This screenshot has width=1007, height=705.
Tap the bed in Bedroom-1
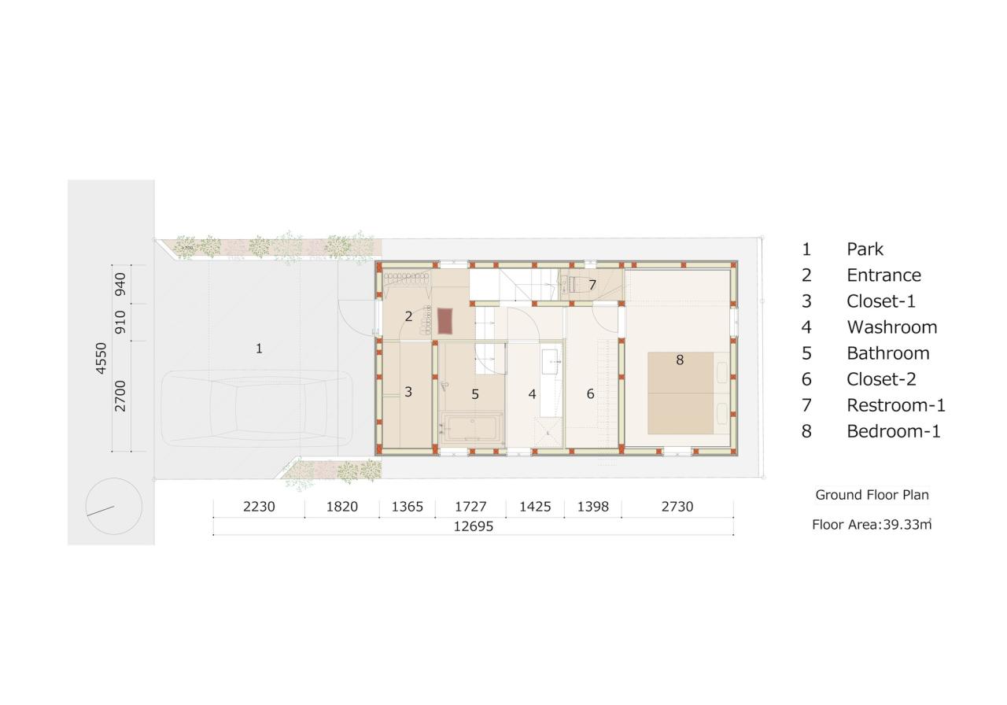[681, 393]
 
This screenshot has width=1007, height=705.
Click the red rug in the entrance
[445, 320]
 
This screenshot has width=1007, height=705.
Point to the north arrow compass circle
[113, 506]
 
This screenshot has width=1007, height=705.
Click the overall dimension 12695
[473, 526]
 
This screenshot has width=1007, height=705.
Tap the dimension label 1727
[470, 507]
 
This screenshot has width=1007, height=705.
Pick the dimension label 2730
[677, 507]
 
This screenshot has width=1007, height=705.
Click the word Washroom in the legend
[891, 327]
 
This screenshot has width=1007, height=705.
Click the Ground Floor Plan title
[872, 495]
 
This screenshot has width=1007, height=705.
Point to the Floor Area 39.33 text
[872, 524]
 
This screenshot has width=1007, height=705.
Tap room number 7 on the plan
[592, 285]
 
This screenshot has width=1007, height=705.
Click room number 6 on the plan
[590, 394]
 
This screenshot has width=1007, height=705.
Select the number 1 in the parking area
[259, 349]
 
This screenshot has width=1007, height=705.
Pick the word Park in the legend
[865, 249]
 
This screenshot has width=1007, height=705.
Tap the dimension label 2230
[259, 507]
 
